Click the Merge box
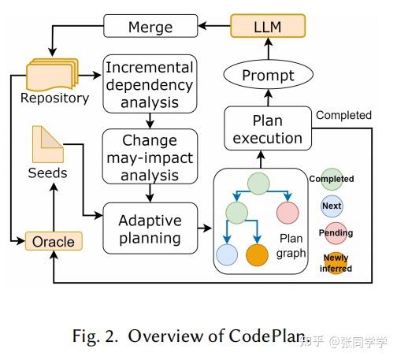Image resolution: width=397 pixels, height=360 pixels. [150, 27]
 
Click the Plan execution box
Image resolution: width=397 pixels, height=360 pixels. [266, 128]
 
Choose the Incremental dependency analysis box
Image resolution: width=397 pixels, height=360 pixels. [149, 83]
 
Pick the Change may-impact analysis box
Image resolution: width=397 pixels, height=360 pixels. [149, 157]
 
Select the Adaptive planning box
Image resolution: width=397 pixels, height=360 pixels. [149, 228]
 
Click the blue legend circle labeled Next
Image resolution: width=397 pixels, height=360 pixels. [332, 206]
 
